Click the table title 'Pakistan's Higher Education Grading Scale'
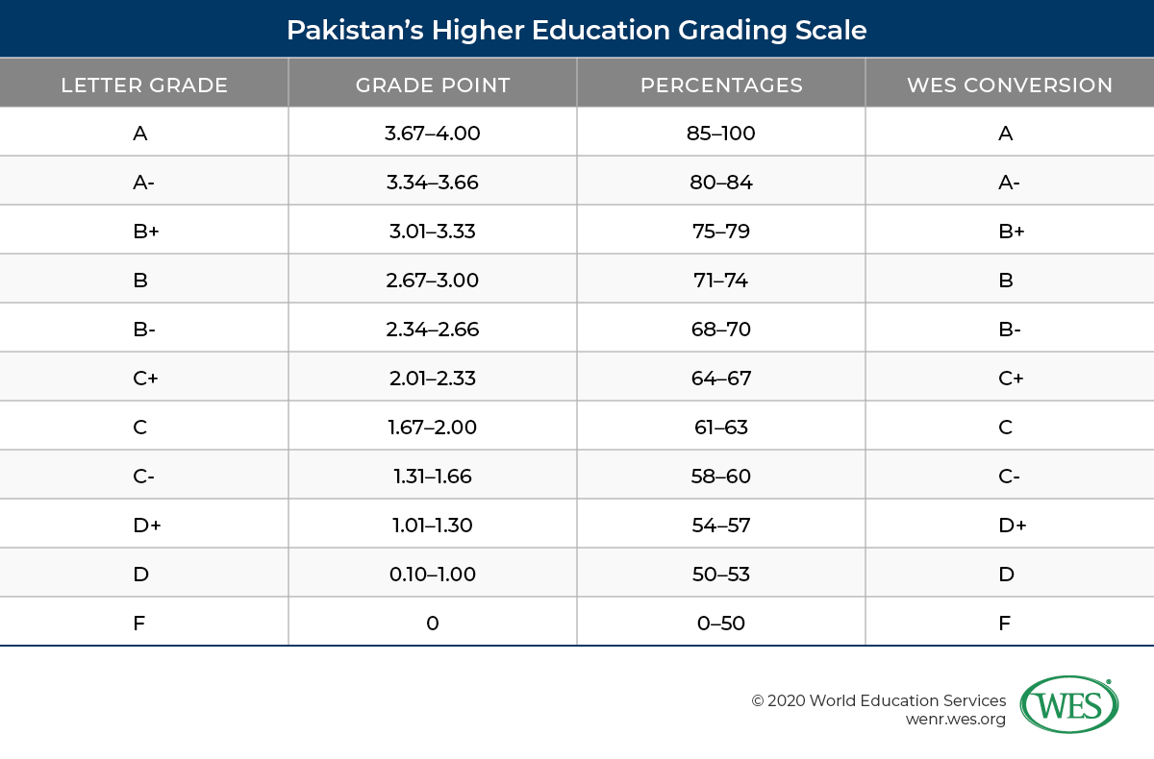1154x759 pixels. (x=577, y=30)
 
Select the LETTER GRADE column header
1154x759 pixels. (x=144, y=85)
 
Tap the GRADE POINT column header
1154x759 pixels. (x=433, y=85)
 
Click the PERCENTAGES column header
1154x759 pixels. (x=721, y=85)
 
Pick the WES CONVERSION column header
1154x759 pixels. (x=1010, y=85)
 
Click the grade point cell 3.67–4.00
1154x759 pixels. (x=432, y=134)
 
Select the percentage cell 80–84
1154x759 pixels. (x=721, y=183)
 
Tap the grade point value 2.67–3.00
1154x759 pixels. (x=432, y=281)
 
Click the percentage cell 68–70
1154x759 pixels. (x=721, y=330)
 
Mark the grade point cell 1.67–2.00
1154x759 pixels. (x=432, y=428)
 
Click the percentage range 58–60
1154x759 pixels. (x=721, y=477)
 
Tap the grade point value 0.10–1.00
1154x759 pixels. (x=432, y=575)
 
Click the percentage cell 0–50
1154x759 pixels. (x=721, y=624)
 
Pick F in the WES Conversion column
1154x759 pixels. (x=1005, y=624)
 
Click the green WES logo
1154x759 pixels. (x=1068, y=704)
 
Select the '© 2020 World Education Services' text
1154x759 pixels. (x=878, y=700)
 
